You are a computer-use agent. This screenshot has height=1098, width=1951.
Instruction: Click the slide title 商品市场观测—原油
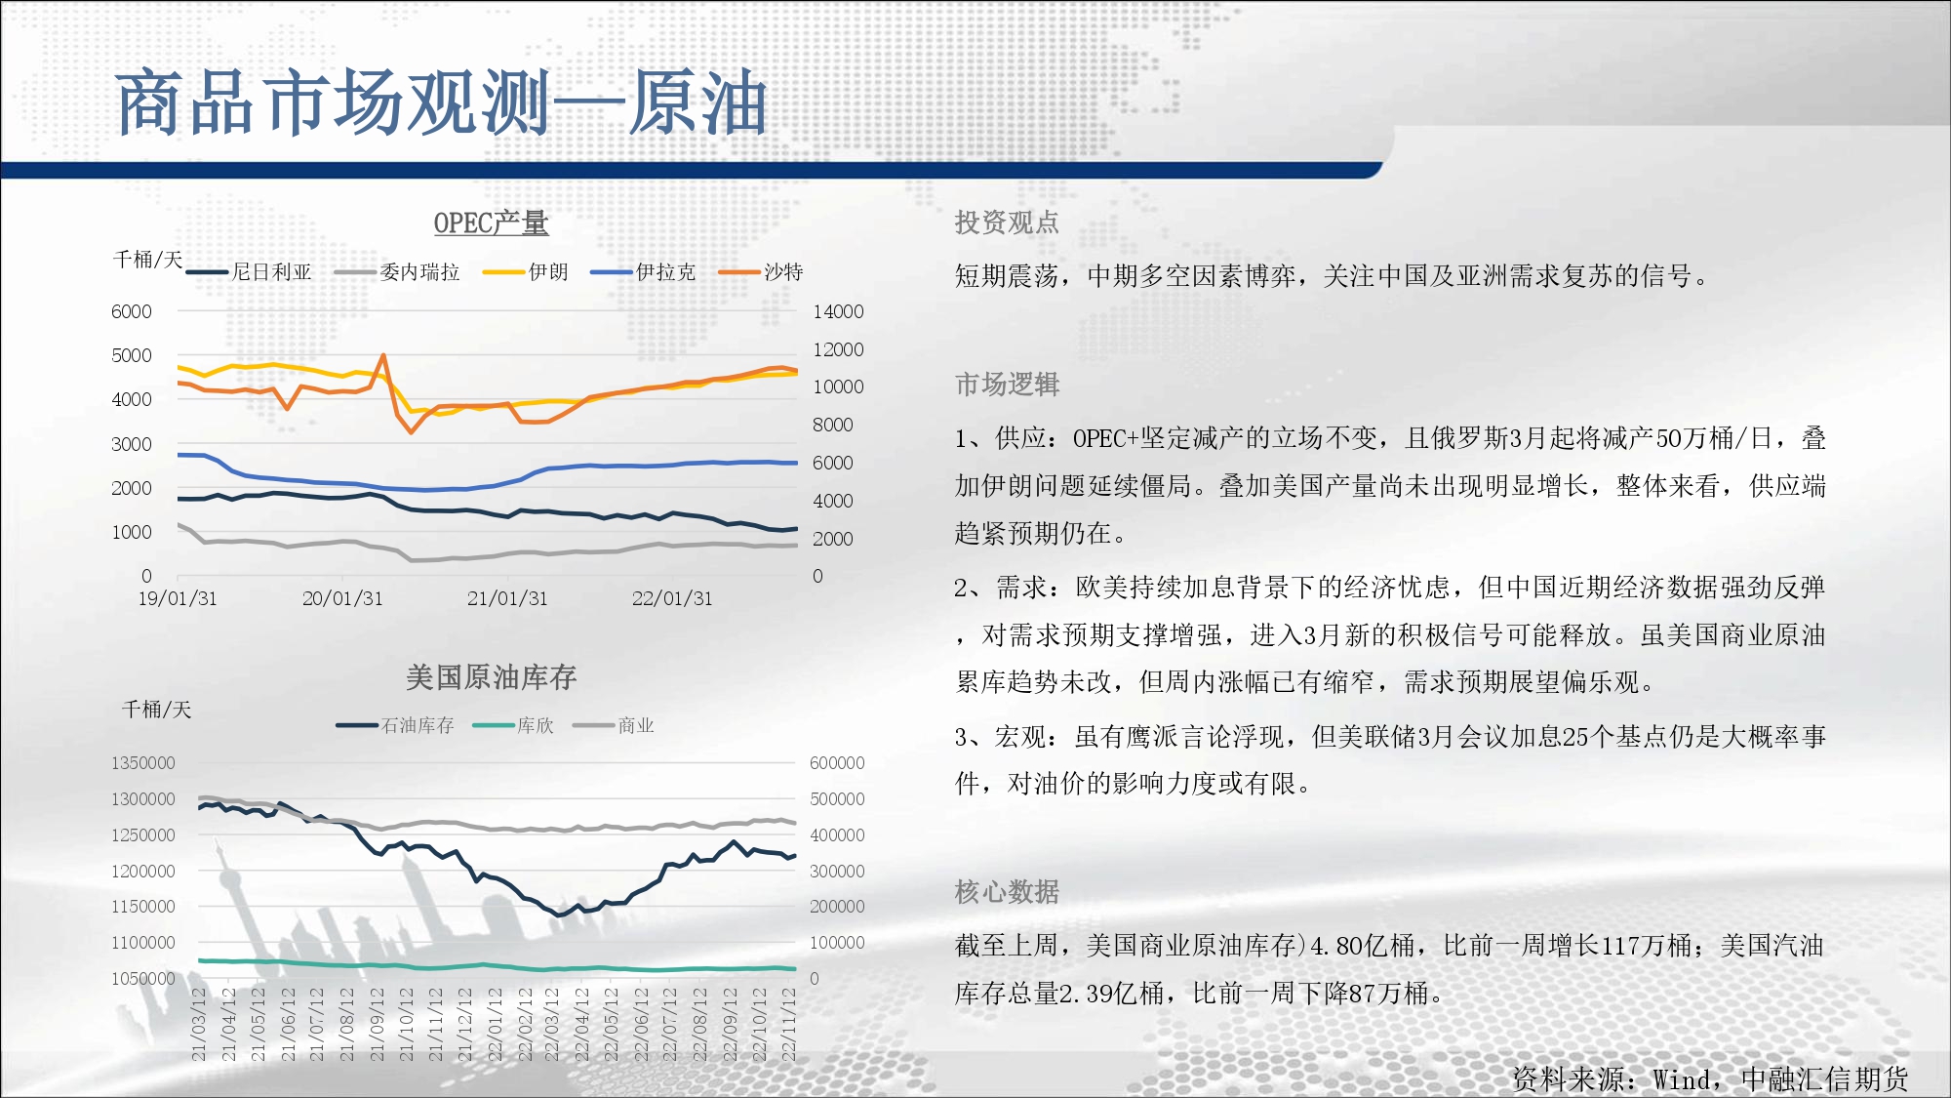pyautogui.click(x=442, y=102)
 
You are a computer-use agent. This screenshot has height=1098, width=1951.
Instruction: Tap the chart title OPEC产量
pyautogui.click(x=491, y=224)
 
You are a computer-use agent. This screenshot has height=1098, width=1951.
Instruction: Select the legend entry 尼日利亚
pyautogui.click(x=249, y=272)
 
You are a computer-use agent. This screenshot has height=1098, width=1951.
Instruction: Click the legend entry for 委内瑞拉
pyautogui.click(x=397, y=272)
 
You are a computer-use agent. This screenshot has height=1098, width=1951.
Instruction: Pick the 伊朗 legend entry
pyautogui.click(x=526, y=272)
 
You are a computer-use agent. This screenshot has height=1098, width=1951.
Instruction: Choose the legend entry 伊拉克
pyautogui.click(x=643, y=272)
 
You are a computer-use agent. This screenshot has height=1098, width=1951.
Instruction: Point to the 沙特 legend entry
pyautogui.click(x=761, y=272)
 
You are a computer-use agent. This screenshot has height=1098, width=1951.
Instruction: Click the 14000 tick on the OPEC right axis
pyautogui.click(x=838, y=311)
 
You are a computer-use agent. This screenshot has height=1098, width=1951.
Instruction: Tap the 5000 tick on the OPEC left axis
pyautogui.click(x=132, y=355)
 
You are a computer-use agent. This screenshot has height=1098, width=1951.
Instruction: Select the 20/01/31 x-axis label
pyautogui.click(x=342, y=598)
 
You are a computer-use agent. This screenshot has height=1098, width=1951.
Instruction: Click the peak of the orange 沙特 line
pyautogui.click(x=383, y=355)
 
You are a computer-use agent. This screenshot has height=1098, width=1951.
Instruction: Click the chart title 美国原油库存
pyautogui.click(x=491, y=677)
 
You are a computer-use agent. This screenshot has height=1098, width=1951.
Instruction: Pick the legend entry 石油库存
pyautogui.click(x=395, y=725)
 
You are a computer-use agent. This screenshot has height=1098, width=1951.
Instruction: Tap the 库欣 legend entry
pyautogui.click(x=513, y=725)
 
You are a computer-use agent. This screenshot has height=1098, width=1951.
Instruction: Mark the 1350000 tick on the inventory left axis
pyautogui.click(x=143, y=763)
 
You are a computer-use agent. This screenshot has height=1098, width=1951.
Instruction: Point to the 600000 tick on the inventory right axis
pyautogui.click(x=837, y=763)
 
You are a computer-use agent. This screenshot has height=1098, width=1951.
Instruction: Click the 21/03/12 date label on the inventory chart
pyautogui.click(x=199, y=1024)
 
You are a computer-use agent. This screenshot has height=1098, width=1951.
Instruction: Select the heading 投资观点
pyautogui.click(x=1007, y=223)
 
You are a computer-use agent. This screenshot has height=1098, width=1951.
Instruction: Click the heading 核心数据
pyautogui.click(x=1007, y=891)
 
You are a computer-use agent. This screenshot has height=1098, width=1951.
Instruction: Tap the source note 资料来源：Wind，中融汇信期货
pyautogui.click(x=1710, y=1078)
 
